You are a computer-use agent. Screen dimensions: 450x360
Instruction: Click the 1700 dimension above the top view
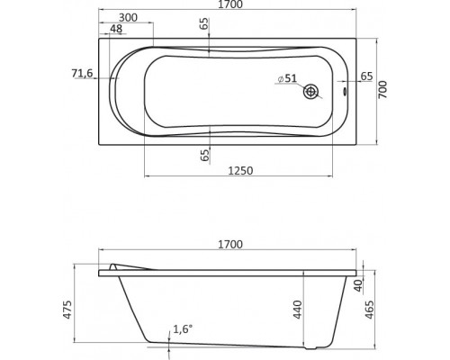pos(230,4)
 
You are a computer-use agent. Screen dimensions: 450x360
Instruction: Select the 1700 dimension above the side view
pos(230,245)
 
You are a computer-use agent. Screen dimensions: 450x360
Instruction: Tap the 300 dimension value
pos(128,18)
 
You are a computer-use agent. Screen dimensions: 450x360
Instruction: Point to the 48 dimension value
pos(116,29)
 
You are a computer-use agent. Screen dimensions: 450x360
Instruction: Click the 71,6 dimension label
pos(83,73)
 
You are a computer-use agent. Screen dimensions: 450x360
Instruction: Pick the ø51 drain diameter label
pos(287,78)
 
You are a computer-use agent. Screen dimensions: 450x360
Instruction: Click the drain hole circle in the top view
pos(310,91)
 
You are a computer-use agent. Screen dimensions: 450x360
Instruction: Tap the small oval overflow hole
pos(345,91)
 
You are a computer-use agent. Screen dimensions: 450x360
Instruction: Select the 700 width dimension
pos(382,90)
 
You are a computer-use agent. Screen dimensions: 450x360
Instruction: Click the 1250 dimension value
pos(240,171)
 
